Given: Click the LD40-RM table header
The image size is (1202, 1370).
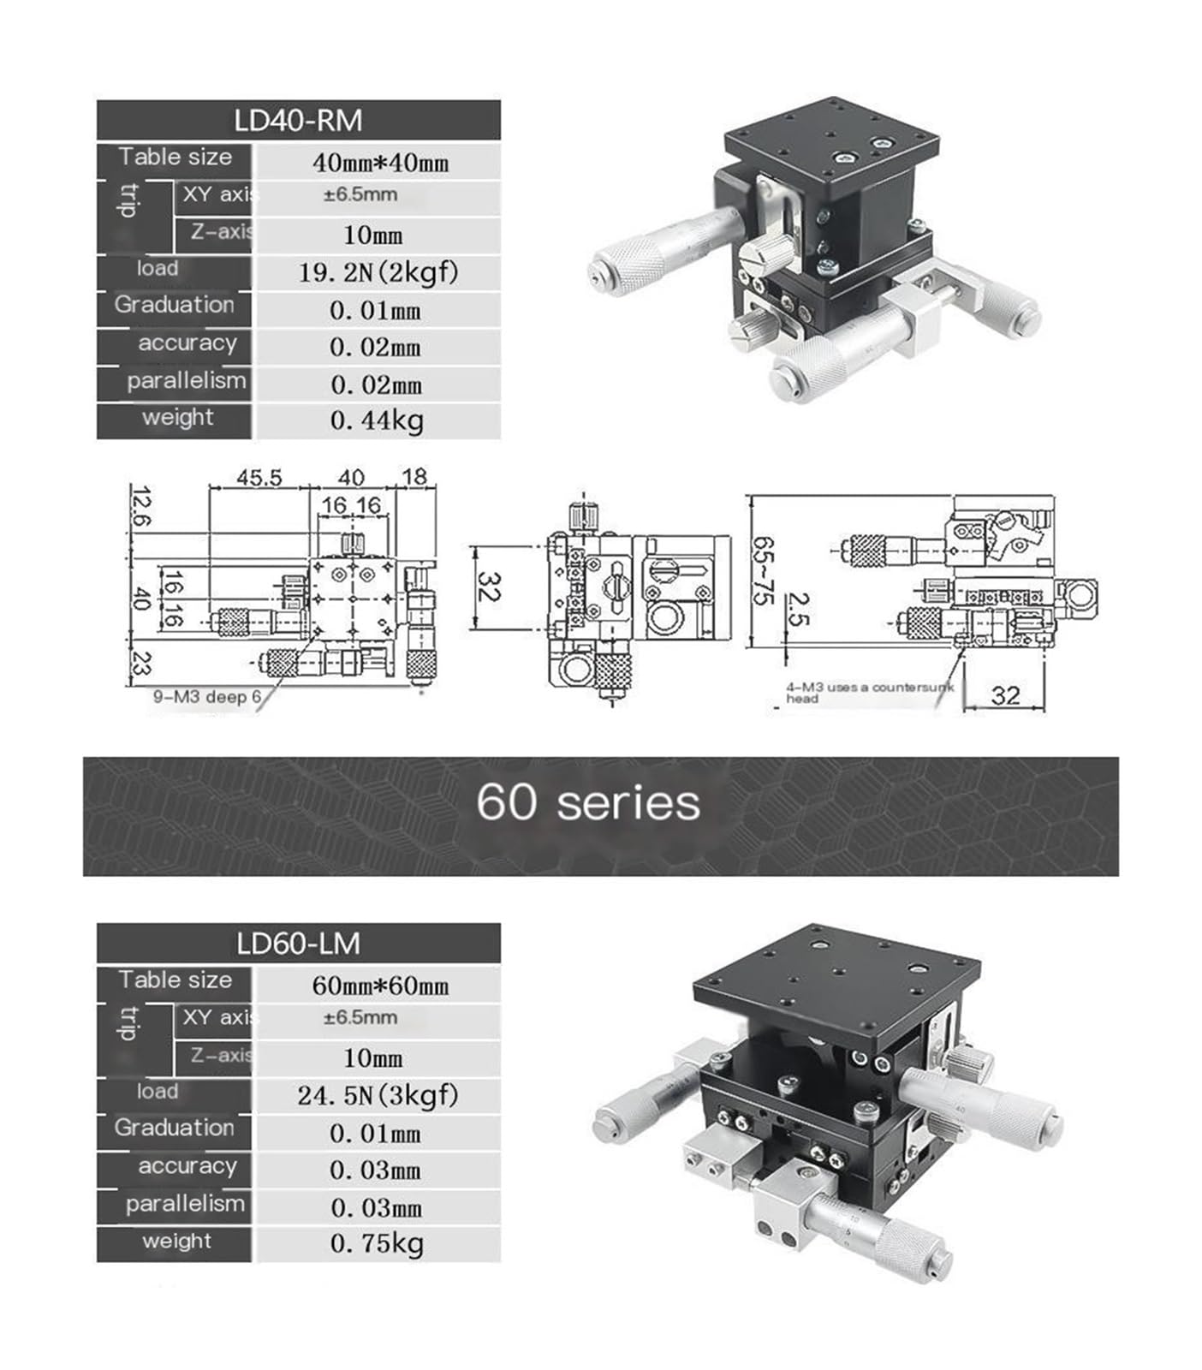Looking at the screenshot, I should pos(298,121).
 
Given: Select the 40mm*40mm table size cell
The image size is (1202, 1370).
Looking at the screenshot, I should pos(379,163).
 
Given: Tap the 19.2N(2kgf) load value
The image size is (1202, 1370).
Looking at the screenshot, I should pos(378,272).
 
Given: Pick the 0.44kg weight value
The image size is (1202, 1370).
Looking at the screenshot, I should pos(377,420).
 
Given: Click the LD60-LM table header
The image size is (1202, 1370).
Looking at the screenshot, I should pos(298,944).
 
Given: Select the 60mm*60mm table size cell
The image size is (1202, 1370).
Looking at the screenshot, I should pos(379,986).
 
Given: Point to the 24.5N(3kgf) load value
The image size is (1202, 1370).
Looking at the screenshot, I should pos(378,1095).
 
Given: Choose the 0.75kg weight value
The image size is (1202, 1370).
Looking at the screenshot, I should pos(377,1243).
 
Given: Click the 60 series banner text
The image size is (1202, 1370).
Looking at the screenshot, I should pos(587,803).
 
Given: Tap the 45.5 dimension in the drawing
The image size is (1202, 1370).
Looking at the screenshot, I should pos(259,478).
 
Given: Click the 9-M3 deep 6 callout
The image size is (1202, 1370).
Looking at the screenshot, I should pos(207,697).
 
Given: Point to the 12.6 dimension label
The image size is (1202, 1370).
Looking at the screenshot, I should pos(142,508).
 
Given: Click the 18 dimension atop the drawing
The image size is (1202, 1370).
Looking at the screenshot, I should pos(414,477).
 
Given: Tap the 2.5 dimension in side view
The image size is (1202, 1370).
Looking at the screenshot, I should pos(796,609).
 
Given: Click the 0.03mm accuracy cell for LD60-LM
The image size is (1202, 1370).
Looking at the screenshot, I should pos(375,1170).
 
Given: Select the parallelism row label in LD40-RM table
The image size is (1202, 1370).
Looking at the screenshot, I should pos(186,381).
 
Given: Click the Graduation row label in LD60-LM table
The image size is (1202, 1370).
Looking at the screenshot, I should pos(174,1128).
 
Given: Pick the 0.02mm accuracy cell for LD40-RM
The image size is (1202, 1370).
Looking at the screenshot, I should pos(375,348).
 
